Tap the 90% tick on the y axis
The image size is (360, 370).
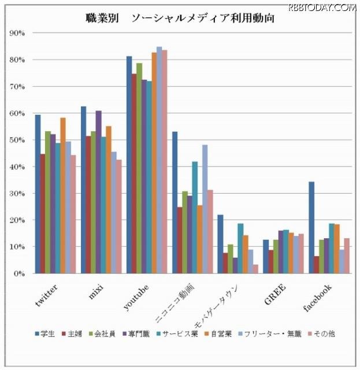click(x=17, y=33)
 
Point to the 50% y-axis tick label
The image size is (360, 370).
click(x=17, y=140)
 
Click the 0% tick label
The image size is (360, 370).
click(x=20, y=273)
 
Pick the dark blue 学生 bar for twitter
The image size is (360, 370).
click(x=38, y=194)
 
